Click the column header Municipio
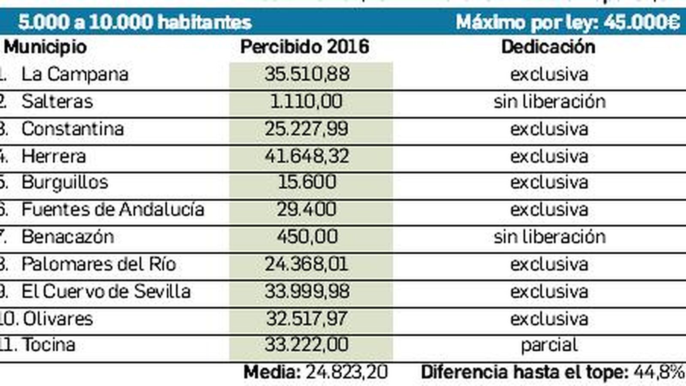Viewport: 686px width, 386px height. pos(45,47)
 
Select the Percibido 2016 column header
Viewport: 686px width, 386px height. pos(304,47)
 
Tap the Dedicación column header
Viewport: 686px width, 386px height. pos(548,47)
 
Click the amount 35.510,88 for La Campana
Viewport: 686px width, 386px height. pos(307,74)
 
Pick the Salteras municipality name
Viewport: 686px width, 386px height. pos(57,102)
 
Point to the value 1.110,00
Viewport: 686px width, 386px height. pos(306,102)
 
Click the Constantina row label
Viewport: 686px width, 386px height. pos(72,129)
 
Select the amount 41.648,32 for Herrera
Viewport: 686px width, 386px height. pos(307,156)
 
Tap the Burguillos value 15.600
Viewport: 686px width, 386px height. pos(307,182)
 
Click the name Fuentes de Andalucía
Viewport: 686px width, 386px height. pos(113,210)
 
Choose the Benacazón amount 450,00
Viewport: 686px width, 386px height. pos(307,237)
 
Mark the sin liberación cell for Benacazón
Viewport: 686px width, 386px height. pos(549,237)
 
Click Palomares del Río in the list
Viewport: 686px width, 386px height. pos(99,264)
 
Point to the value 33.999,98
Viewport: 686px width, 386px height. pos(307,292)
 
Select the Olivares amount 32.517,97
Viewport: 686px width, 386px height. pos(307,319)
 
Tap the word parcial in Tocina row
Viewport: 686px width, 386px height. pos(549,345)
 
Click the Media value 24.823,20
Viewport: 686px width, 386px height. pos(346,372)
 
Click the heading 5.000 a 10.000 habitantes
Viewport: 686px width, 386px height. pos(135,22)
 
